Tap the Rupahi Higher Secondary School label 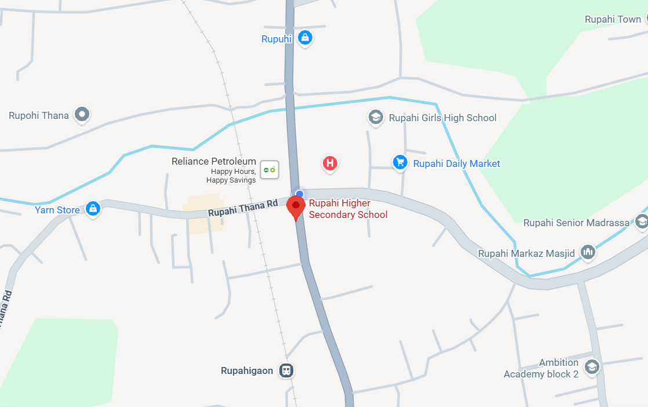tap(348, 209)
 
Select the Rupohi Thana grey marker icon tap(82, 115)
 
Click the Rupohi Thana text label tap(39, 115)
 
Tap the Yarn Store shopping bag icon tap(92, 209)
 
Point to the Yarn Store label tap(57, 210)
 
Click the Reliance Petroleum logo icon tap(269, 170)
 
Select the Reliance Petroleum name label tap(214, 161)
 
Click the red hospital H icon tap(330, 163)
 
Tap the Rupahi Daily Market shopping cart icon tap(400, 163)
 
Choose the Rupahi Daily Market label tap(456, 164)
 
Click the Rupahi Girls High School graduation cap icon tap(376, 118)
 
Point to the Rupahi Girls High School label tap(443, 118)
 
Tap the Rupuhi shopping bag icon tap(304, 38)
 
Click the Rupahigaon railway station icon tap(286, 370)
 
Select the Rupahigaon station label tap(247, 371)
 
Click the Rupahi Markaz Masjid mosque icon tap(588, 252)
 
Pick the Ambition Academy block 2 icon tap(591, 367)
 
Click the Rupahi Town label tap(613, 19)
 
